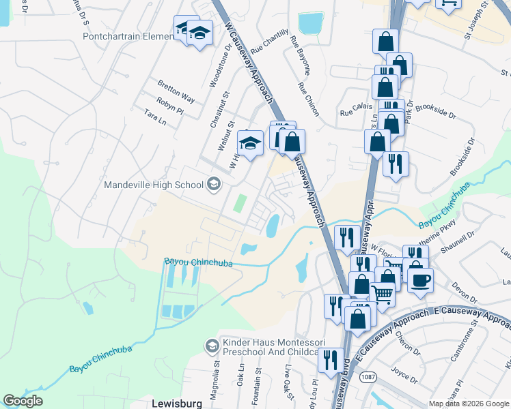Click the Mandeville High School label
[x=154, y=185]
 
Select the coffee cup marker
[x=420, y=279]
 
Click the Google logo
[x=23, y=402]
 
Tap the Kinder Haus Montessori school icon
[x=212, y=346]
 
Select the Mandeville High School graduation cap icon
[x=214, y=185]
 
